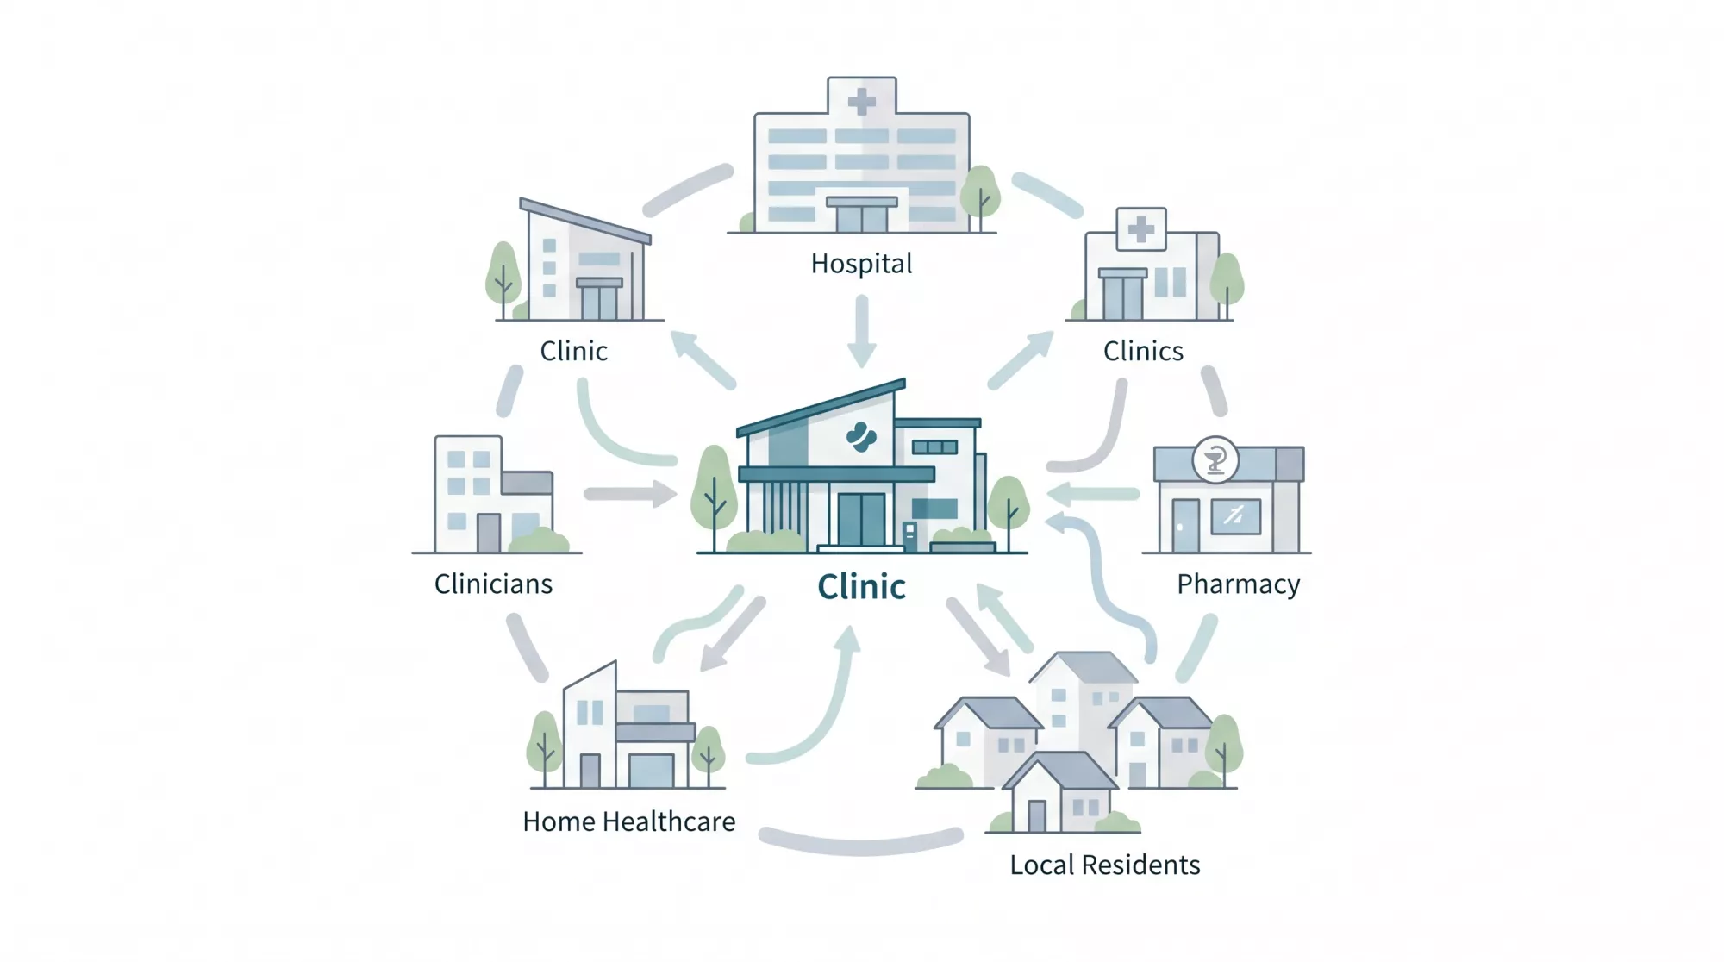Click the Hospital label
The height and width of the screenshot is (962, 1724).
(861, 264)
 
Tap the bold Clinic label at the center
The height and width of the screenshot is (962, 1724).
(861, 587)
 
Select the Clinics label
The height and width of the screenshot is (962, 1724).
(1143, 352)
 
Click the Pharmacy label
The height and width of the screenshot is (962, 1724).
(1238, 584)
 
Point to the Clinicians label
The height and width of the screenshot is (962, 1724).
(493, 584)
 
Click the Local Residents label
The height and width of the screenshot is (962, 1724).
(1104, 865)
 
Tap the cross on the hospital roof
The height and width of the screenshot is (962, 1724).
(861, 103)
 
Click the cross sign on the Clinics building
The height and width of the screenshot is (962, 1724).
(1141, 229)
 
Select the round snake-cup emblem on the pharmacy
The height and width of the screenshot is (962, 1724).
(1215, 460)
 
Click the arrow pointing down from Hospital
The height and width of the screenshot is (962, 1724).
(861, 332)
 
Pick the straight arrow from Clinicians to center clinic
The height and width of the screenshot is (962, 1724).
(630, 494)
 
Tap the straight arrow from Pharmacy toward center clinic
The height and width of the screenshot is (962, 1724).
(1093, 494)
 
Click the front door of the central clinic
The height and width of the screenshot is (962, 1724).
(861, 519)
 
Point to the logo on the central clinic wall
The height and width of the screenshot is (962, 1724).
(860, 437)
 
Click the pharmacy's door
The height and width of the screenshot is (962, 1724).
(1185, 525)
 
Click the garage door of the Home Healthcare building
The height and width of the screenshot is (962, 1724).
(652, 771)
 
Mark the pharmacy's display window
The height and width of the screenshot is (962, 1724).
(1235, 517)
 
